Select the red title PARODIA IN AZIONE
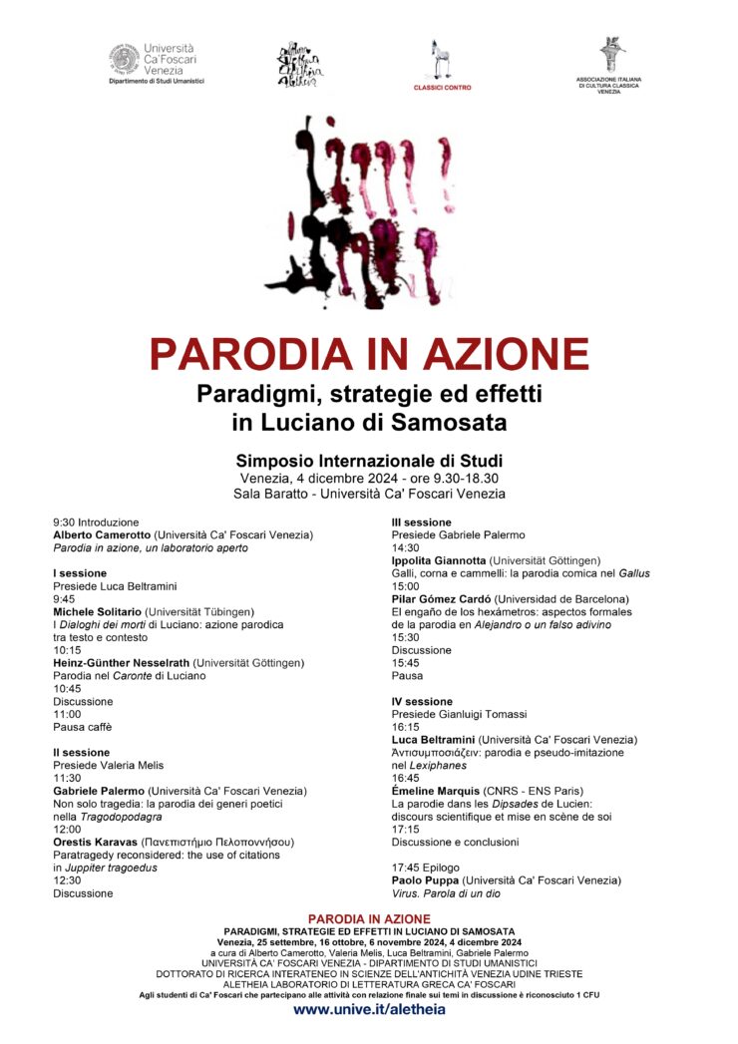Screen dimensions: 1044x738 click(369, 353)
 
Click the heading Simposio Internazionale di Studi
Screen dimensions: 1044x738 click(369, 461)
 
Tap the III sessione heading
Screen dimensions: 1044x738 click(422, 522)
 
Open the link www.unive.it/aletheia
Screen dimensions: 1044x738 click(369, 1009)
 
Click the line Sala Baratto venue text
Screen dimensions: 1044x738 click(369, 493)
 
